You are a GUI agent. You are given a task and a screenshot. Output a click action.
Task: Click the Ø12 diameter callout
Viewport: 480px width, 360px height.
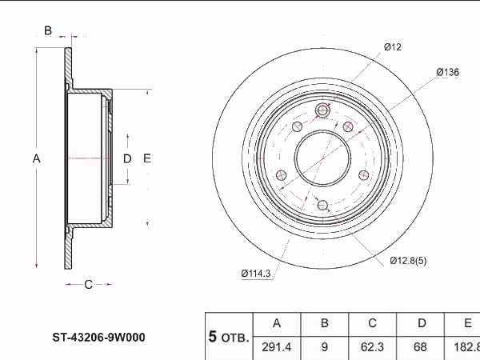(392, 47)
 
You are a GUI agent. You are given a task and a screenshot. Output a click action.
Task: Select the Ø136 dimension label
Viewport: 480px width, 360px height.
(447, 72)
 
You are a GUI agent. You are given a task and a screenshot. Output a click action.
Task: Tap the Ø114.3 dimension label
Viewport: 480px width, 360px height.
(256, 274)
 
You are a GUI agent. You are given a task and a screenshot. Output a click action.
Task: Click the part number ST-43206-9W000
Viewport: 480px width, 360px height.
(99, 338)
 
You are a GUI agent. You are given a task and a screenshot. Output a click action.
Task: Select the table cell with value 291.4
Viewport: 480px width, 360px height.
(277, 347)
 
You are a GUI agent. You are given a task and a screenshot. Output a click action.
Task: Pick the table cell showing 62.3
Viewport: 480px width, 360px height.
(372, 347)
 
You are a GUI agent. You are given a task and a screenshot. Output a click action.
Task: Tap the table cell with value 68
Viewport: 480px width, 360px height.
(421, 347)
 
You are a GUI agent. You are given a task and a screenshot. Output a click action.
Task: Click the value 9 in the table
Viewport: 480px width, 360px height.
(325, 347)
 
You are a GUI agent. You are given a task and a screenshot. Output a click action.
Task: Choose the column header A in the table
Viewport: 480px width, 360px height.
(277, 324)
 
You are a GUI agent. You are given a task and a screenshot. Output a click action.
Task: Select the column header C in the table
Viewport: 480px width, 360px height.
(372, 324)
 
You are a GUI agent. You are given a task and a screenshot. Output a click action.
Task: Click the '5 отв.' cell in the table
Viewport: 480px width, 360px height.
(229, 337)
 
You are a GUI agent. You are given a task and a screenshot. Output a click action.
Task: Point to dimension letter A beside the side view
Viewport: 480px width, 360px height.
(36, 158)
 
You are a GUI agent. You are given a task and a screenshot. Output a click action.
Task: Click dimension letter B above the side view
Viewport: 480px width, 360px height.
(48, 31)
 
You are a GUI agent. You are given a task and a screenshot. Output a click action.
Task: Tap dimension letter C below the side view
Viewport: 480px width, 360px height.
(88, 283)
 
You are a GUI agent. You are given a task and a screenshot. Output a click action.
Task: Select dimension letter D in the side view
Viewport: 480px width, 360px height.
(126, 158)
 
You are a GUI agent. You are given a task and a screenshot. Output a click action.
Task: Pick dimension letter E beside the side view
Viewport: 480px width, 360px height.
(147, 158)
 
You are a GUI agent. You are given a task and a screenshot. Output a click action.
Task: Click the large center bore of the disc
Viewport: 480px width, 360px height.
(322, 157)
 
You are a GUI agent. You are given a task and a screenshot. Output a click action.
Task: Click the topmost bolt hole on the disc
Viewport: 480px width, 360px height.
(323, 110)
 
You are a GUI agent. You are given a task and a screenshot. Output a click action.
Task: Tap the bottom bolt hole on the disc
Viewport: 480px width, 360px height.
(322, 205)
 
